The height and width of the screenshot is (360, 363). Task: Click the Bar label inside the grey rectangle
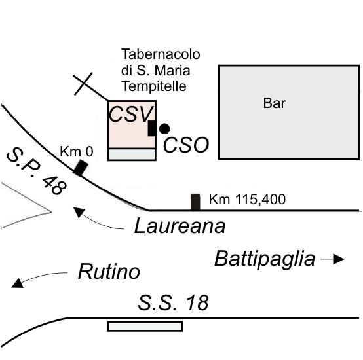pyautogui.click(x=275, y=103)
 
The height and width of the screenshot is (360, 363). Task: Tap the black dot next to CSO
pyautogui.click(x=164, y=129)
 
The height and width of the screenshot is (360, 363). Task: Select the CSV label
pyautogui.click(x=131, y=114)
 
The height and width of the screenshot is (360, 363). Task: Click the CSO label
pyautogui.click(x=186, y=145)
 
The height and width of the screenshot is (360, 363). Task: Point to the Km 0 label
pyautogui.click(x=77, y=152)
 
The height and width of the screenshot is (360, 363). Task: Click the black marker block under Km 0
pyautogui.click(x=81, y=168)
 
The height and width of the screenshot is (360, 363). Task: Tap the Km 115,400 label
pyautogui.click(x=247, y=199)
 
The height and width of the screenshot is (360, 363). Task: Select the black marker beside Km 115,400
pyautogui.click(x=195, y=202)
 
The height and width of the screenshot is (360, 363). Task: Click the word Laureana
pyautogui.click(x=180, y=226)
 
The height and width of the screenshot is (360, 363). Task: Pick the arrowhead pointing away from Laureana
pyautogui.click(x=79, y=212)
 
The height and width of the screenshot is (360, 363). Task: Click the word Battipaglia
pyautogui.click(x=265, y=259)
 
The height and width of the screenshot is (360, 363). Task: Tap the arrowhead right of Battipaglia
pyautogui.click(x=339, y=259)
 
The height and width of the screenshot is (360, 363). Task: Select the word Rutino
pyautogui.click(x=109, y=272)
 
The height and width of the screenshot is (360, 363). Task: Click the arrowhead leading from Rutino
pyautogui.click(x=17, y=283)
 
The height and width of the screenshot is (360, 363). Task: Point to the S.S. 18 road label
pyautogui.click(x=173, y=302)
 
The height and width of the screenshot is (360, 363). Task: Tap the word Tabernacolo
pyautogui.click(x=161, y=54)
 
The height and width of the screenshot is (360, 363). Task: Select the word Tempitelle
pyautogui.click(x=154, y=86)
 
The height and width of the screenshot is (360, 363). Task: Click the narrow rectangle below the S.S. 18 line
pyautogui.click(x=145, y=326)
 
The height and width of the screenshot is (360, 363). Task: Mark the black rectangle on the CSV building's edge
pyautogui.click(x=151, y=128)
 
